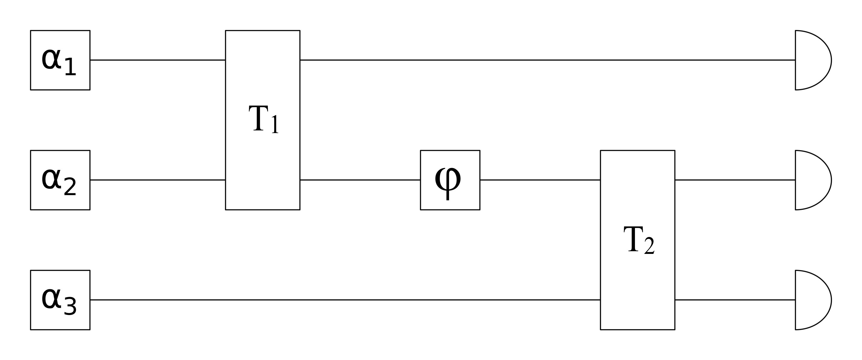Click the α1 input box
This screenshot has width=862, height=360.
click(x=60, y=60)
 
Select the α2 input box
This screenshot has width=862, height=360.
click(x=60, y=180)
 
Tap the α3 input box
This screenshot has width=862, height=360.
click(x=60, y=300)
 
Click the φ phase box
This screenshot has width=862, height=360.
click(x=450, y=180)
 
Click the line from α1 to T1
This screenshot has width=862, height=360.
click(x=157, y=60)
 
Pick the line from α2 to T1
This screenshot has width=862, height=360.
click(x=157, y=180)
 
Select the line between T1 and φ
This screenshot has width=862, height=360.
click(x=360, y=180)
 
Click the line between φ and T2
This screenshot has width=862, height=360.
click(x=540, y=180)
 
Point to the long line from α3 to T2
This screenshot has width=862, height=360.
click(x=345, y=300)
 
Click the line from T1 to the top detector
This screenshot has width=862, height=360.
click(x=547, y=60)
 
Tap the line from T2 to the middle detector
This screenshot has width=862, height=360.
click(x=735, y=180)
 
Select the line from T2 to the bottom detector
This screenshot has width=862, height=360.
click(x=735, y=300)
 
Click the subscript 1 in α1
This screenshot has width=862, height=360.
click(x=70, y=67)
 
